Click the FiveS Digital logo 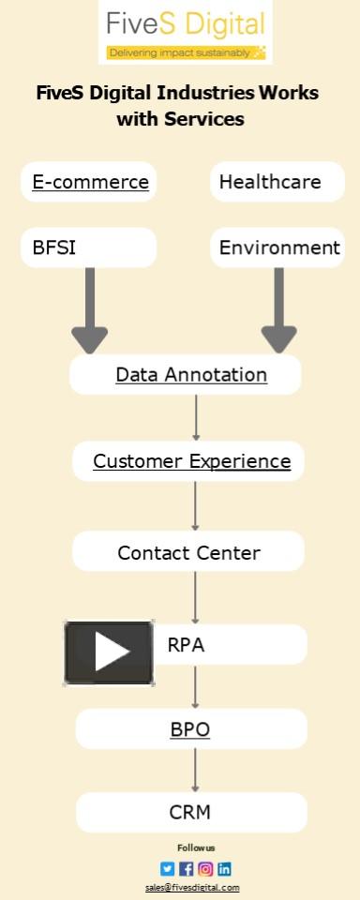[x=185, y=33]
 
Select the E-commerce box [x=90, y=182]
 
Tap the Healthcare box [x=277, y=182]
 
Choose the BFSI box [x=88, y=247]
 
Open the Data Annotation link [x=191, y=375]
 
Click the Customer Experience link [x=191, y=461]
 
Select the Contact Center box [x=188, y=552]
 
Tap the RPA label [x=186, y=645]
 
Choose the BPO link [x=190, y=729]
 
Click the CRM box [x=190, y=812]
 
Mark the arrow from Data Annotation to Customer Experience [x=196, y=417]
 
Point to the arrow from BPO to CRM [x=195, y=770]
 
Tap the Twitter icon [x=168, y=869]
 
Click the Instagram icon [x=205, y=869]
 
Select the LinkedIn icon [x=224, y=869]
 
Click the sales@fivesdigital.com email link [x=192, y=887]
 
